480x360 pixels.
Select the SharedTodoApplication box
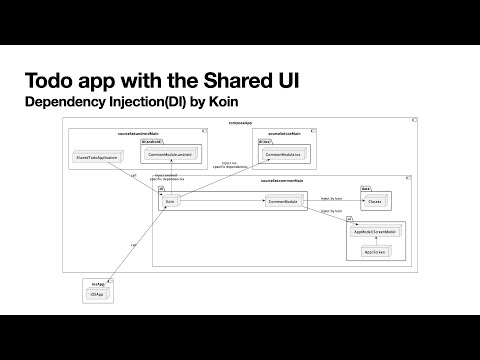98,158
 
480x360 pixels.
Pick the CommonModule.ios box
283,155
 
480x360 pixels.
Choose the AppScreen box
375,250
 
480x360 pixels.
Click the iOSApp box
97,296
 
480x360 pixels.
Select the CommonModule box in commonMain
283,202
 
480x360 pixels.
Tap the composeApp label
240,121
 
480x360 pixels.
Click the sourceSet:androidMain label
137,131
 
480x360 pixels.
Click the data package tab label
365,188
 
